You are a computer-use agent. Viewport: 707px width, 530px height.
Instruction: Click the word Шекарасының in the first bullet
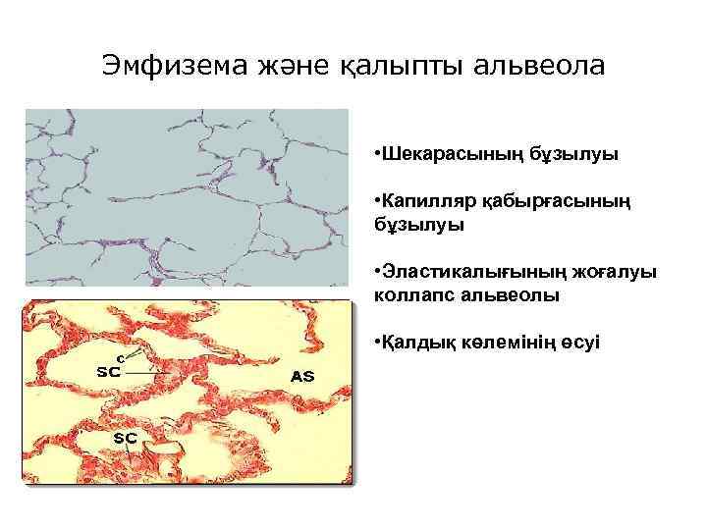click(x=440, y=155)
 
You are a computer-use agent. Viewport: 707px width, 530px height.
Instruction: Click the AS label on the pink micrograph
click(x=302, y=377)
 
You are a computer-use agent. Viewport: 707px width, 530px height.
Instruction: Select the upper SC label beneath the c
click(x=108, y=372)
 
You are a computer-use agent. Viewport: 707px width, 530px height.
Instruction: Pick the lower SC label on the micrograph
click(x=125, y=436)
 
